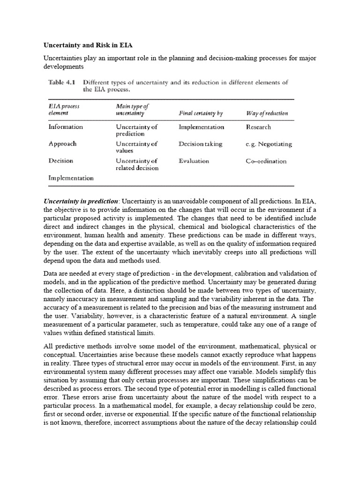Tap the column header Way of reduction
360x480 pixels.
point(267,113)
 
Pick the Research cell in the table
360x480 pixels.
point(258,127)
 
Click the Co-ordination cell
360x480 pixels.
point(266,161)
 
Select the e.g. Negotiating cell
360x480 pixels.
point(269,144)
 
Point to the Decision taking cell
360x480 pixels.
point(200,144)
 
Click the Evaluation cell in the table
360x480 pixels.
point(194,161)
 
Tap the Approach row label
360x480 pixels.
point(62,144)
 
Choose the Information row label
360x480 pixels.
point(66,127)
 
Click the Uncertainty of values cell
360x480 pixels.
point(136,147)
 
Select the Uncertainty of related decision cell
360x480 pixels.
point(137,164)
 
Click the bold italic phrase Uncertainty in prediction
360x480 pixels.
point(81,201)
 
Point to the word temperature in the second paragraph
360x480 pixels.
point(229,325)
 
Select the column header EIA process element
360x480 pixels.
point(64,110)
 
